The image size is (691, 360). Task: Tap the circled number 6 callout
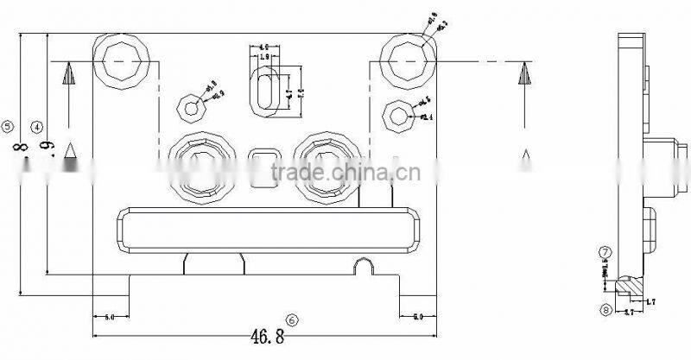293,319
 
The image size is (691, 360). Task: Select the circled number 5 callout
9,126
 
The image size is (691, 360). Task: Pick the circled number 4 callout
35,126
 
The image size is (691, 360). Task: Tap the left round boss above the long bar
200,164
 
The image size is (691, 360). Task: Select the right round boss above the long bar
326,164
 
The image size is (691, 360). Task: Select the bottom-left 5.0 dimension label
110,318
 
